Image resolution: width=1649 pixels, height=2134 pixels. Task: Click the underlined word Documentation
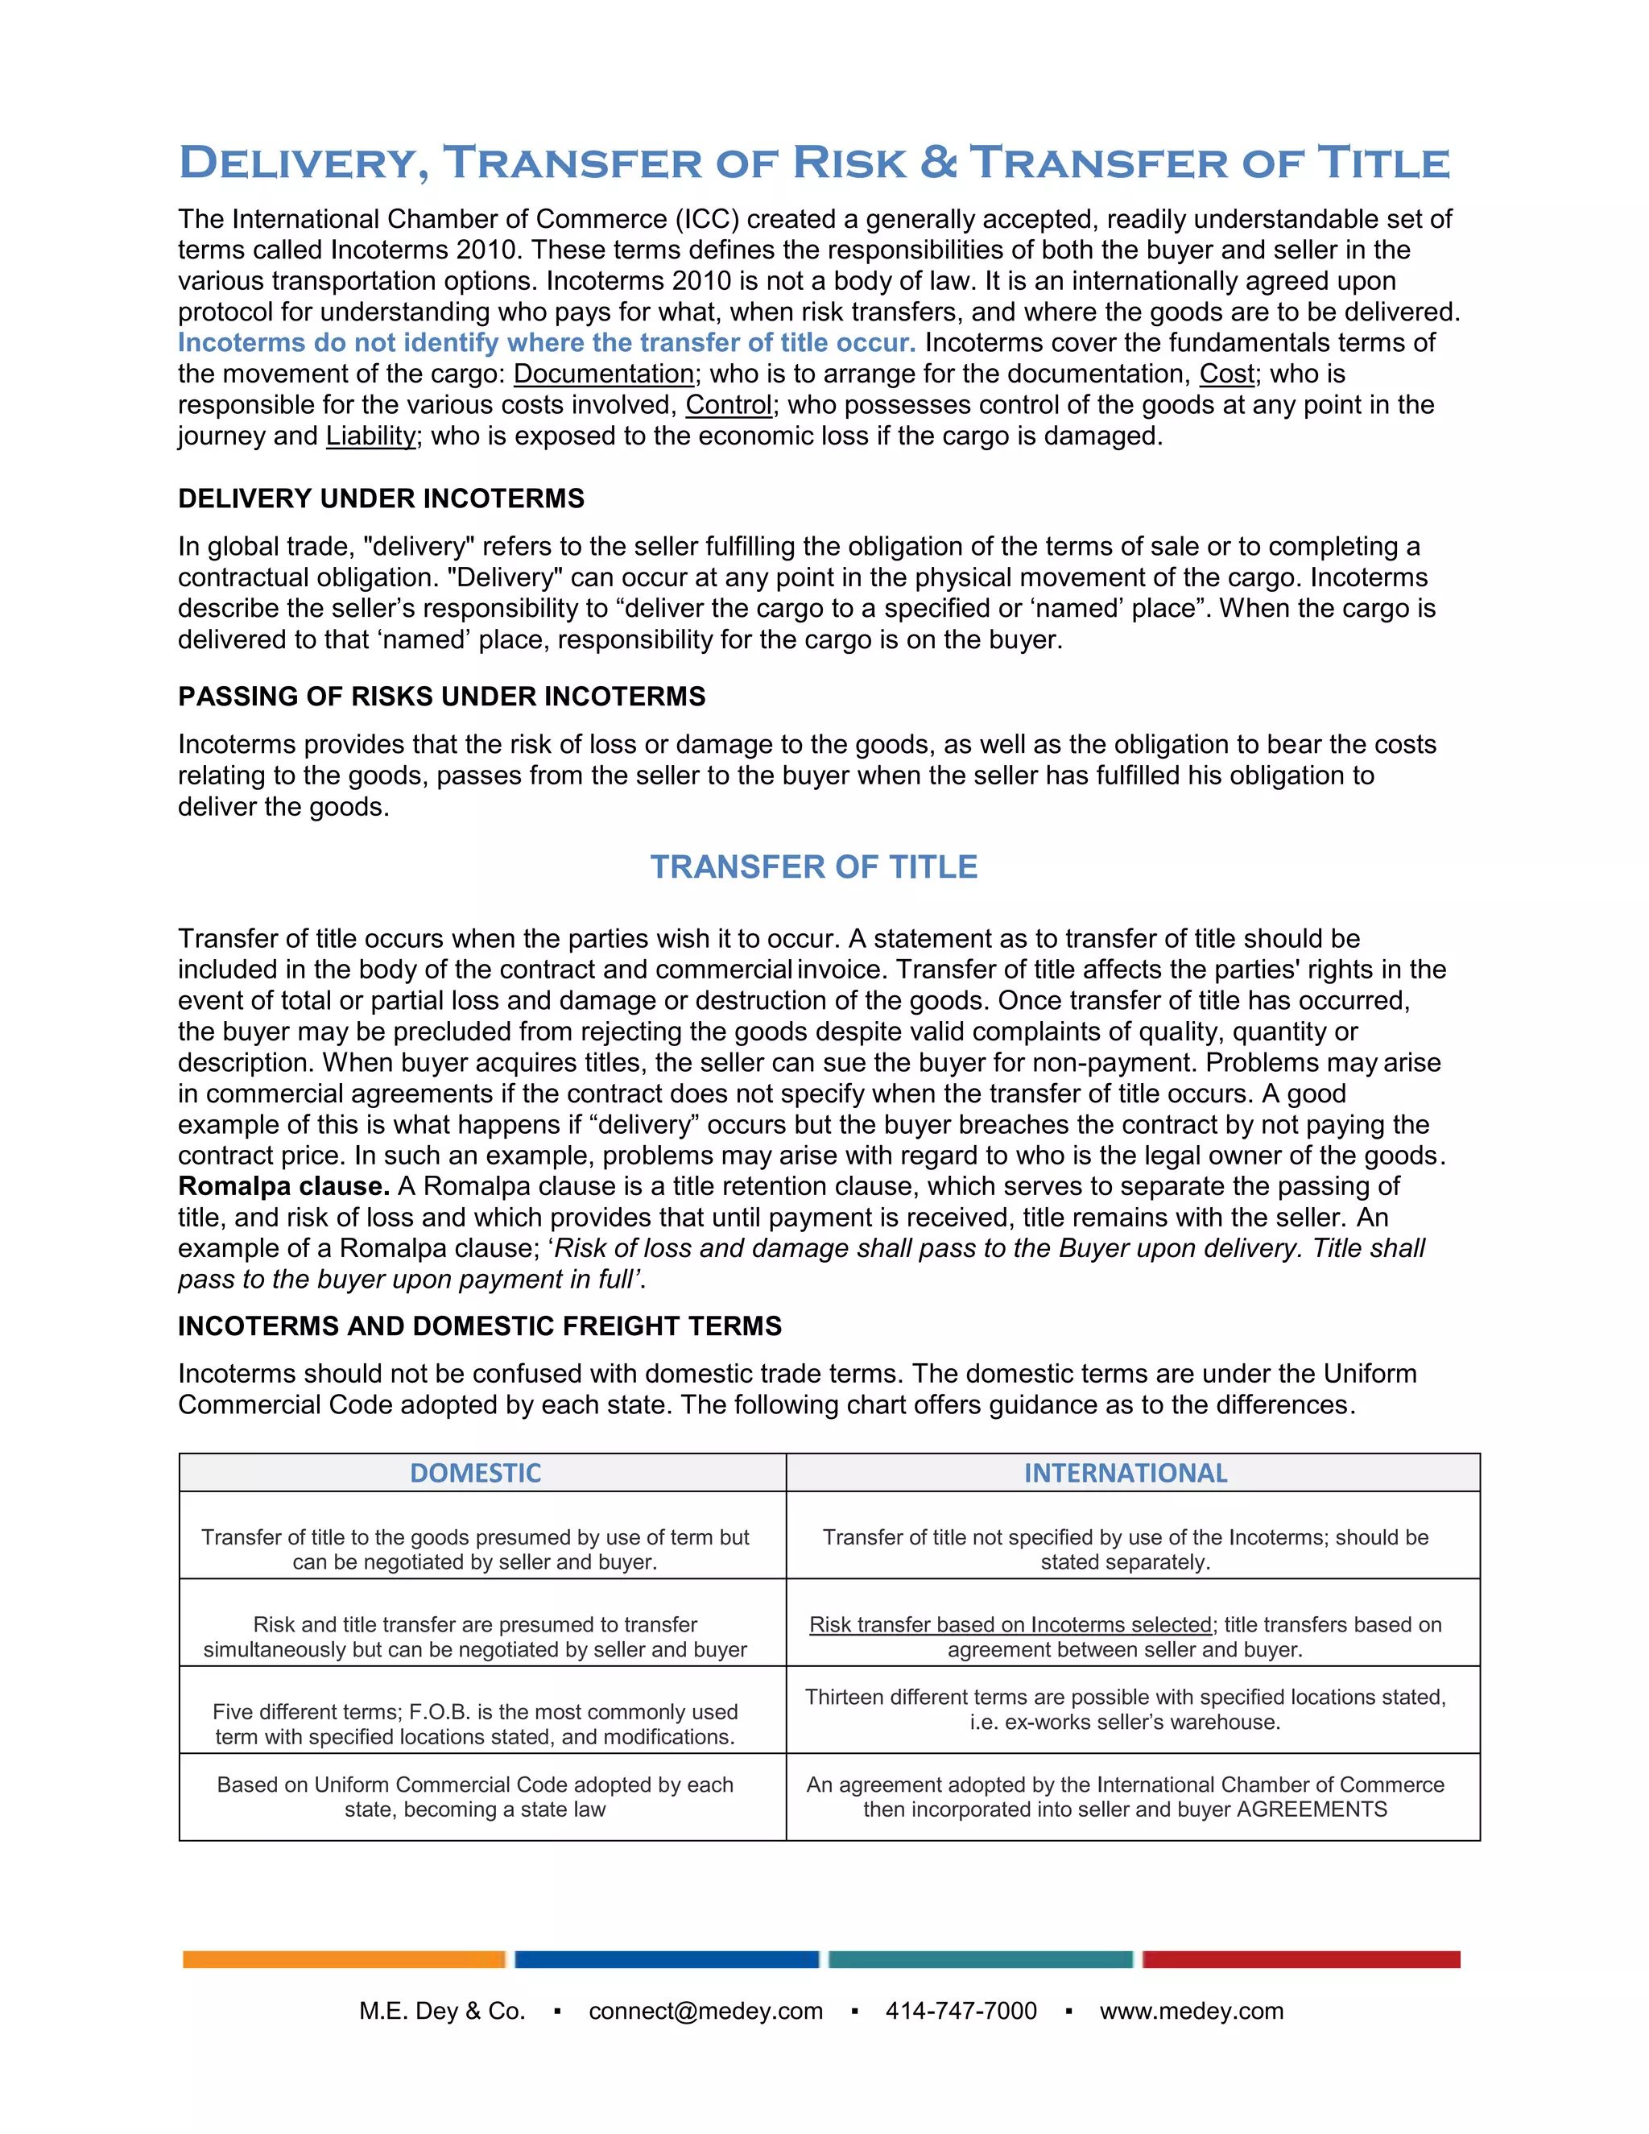pyautogui.click(x=604, y=374)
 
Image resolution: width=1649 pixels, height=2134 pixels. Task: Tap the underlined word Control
pyautogui.click(x=729, y=406)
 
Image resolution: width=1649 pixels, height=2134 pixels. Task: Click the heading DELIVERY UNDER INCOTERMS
pyautogui.click(x=381, y=499)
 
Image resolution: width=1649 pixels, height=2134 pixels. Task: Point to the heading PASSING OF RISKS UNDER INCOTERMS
pyautogui.click(x=441, y=697)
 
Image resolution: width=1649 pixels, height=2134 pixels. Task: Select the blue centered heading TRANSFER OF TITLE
pyautogui.click(x=814, y=867)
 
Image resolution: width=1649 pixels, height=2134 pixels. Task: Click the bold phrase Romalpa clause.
pyautogui.click(x=283, y=1186)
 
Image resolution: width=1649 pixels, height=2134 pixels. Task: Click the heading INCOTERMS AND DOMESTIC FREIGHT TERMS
pyautogui.click(x=480, y=1326)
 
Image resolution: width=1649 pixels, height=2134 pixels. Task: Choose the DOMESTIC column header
pyautogui.click(x=476, y=1474)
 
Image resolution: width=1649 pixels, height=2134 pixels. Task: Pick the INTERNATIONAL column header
pyautogui.click(x=1126, y=1474)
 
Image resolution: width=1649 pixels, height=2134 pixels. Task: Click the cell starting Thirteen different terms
pyautogui.click(x=1126, y=1710)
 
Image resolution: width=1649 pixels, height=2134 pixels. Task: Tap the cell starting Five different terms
pyautogui.click(x=476, y=1725)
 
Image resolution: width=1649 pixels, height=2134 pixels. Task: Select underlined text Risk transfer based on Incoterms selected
pyautogui.click(x=1010, y=1625)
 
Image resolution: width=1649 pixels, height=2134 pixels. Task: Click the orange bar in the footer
pyautogui.click(x=344, y=1959)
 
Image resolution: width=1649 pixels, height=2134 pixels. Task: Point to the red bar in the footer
pyautogui.click(x=1301, y=1959)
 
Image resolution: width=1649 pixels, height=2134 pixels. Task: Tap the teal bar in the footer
pyautogui.click(x=980, y=1959)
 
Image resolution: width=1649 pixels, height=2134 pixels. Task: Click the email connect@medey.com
pyautogui.click(x=705, y=2011)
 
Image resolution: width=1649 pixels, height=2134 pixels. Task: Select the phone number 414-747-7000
pyautogui.click(x=961, y=2011)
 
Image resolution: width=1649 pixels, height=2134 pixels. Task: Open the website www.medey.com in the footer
pyautogui.click(x=1192, y=2011)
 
